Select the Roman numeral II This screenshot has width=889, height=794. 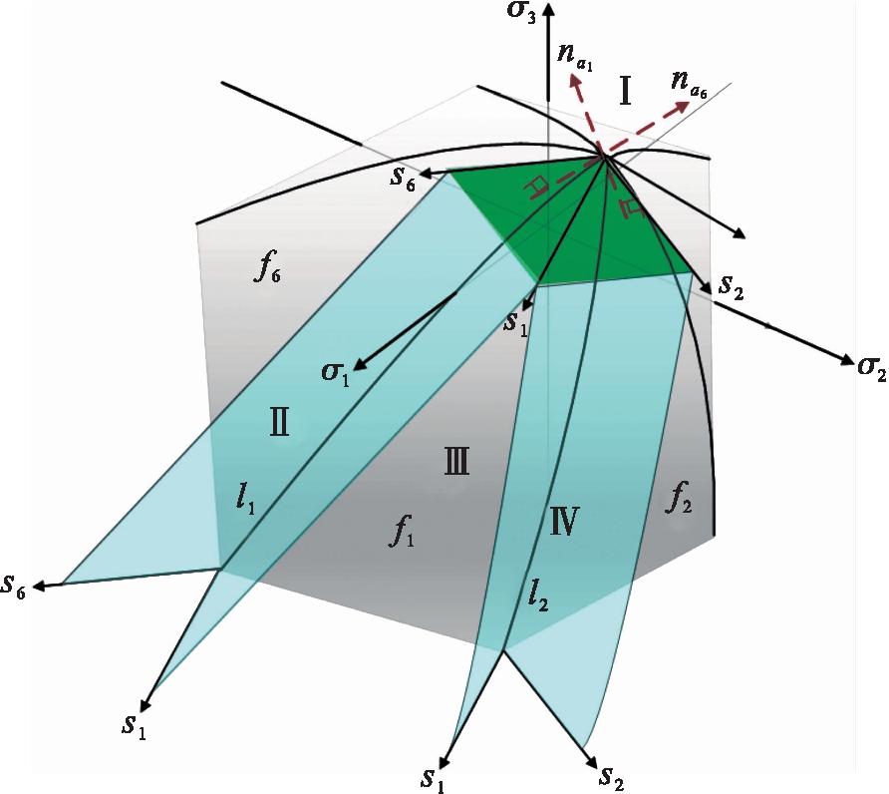tap(279, 424)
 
